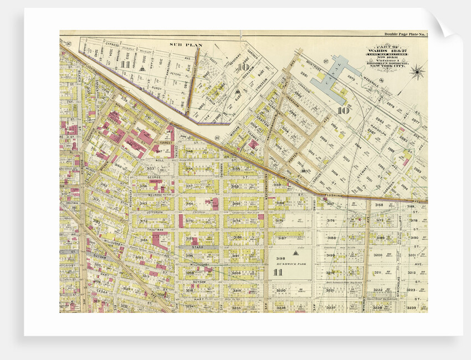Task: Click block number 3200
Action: pos(377,255)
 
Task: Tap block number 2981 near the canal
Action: pos(319,73)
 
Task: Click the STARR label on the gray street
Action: pos(198,248)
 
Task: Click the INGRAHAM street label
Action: pos(293,104)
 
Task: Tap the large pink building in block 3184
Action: pos(160,241)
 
